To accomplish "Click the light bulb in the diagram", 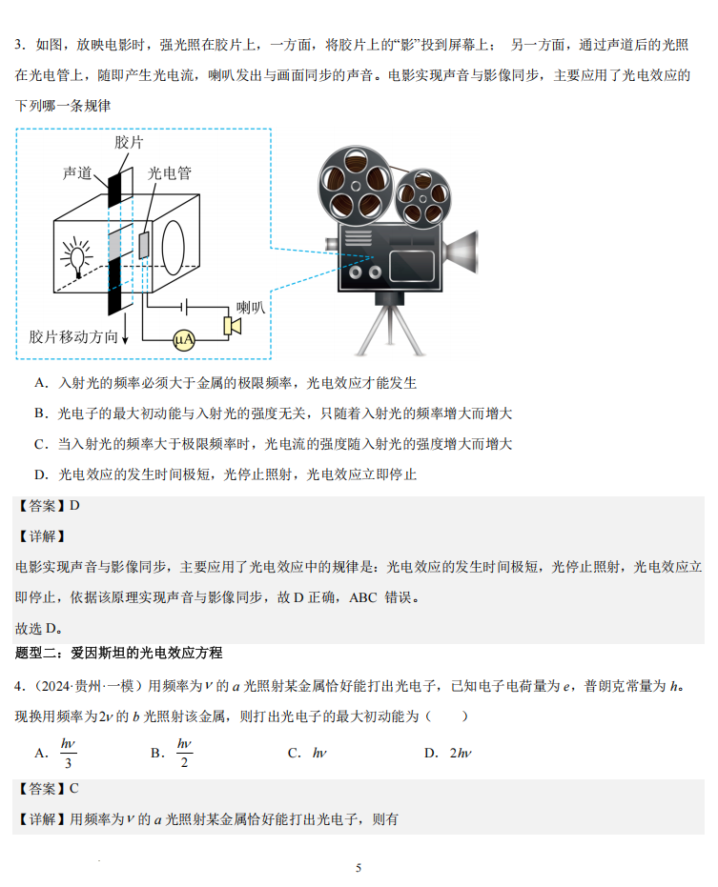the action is [77, 257].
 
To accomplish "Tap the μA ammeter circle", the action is [184, 340].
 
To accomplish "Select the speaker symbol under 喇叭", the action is [232, 327].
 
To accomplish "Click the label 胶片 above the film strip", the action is [129, 143].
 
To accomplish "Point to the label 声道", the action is [77, 173].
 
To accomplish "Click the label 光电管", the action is [170, 173].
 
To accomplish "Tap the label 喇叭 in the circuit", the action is [251, 308].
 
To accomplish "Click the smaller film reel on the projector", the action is [422, 198].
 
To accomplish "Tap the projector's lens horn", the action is [461, 252].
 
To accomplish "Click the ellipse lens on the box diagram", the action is [174, 248].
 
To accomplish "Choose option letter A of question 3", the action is [41, 383].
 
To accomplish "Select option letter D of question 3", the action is [41, 474].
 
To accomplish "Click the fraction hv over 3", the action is [68, 753].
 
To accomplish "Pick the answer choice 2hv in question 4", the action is [461, 753].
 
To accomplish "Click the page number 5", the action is [359, 868].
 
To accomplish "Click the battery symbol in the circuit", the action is [184, 307].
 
